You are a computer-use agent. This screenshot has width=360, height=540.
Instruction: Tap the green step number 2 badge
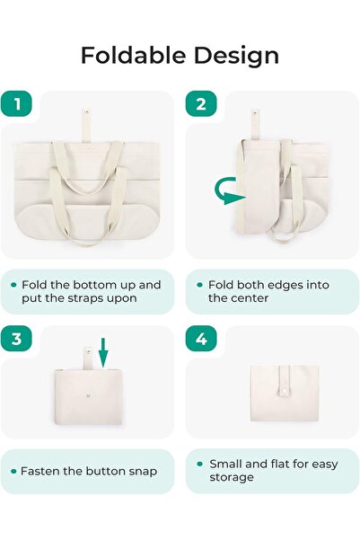(x=201, y=104)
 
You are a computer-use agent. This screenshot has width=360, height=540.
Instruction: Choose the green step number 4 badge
(x=201, y=340)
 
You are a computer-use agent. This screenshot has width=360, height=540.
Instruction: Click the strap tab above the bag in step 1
(x=86, y=122)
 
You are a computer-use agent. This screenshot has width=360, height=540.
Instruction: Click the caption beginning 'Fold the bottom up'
(x=91, y=291)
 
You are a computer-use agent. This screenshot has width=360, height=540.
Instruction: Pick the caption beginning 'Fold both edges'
(x=268, y=291)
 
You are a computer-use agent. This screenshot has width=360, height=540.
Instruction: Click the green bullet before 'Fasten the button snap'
(x=13, y=471)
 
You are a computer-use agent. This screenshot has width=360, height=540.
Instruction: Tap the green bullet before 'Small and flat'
(x=199, y=465)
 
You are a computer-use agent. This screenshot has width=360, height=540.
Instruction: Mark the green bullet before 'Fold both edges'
(x=199, y=285)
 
